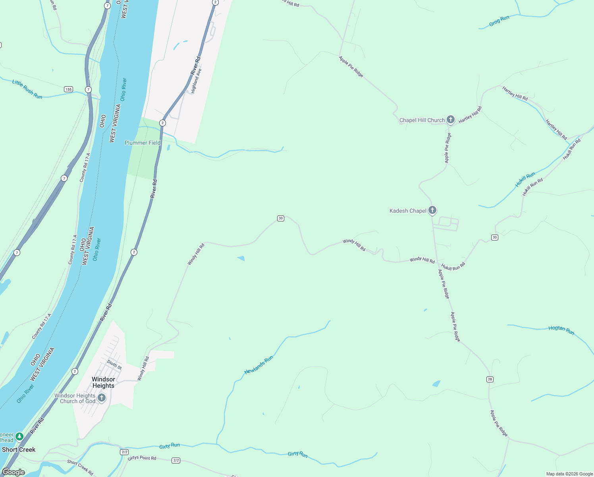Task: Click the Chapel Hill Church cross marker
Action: tap(450, 119)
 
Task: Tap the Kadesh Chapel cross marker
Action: tap(432, 210)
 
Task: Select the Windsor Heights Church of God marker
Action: tap(102, 397)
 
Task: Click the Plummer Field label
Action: tap(143, 143)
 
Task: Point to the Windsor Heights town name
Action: tap(103, 382)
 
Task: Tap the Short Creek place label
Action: tap(19, 450)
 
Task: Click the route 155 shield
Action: tap(69, 89)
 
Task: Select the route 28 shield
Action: tap(490, 379)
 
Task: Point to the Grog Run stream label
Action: tap(499, 21)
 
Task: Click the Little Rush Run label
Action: tap(27, 89)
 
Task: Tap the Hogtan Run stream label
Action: tap(561, 330)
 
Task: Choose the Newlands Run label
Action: tap(259, 365)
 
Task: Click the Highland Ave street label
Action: tap(197, 81)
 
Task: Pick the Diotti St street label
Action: tap(114, 364)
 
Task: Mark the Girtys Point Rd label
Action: tap(142, 458)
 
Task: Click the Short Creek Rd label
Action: tap(80, 467)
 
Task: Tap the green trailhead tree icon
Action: tap(19, 437)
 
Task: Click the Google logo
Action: tap(13, 472)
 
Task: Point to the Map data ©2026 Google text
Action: tap(569, 474)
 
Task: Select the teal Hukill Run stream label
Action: tap(525, 180)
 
